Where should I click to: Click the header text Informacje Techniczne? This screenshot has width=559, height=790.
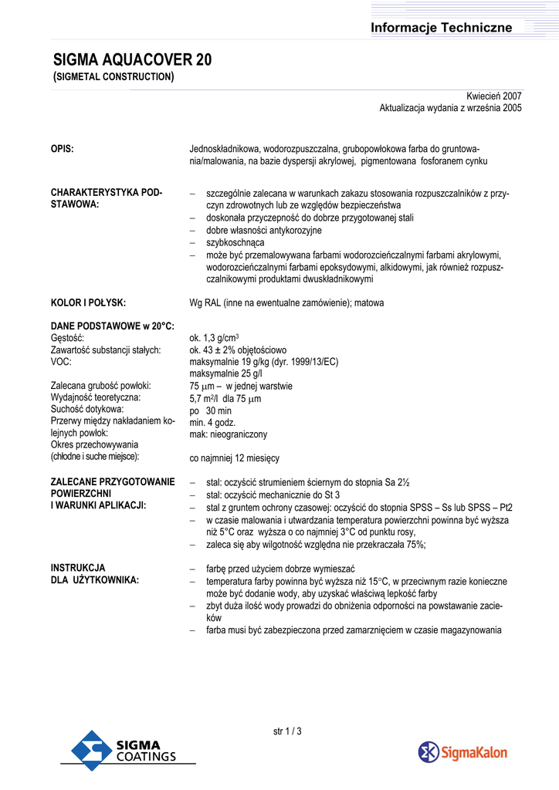coord(441,28)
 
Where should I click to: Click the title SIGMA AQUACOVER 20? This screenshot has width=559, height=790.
coord(132,61)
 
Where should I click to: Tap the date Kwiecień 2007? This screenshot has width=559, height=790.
coord(494,96)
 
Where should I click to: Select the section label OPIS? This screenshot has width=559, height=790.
coord(63,149)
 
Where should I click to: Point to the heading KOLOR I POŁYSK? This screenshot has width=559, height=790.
coord(88,303)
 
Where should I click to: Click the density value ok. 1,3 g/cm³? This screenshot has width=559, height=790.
coord(214,338)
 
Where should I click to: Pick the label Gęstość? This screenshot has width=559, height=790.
coord(67,338)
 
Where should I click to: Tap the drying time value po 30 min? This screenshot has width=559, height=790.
coord(210,410)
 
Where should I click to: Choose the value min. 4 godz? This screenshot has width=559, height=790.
coord(212,423)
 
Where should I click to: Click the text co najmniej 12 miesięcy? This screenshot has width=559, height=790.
coord(235,458)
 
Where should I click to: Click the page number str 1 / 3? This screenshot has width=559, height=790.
coord(287,731)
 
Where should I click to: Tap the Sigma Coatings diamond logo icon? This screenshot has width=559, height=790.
coord(91,751)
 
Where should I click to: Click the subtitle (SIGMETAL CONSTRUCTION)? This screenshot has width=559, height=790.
coord(113,77)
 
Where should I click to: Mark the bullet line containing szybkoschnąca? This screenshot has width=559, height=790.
coord(235,242)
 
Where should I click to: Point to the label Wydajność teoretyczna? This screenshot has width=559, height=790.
coord(96,397)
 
